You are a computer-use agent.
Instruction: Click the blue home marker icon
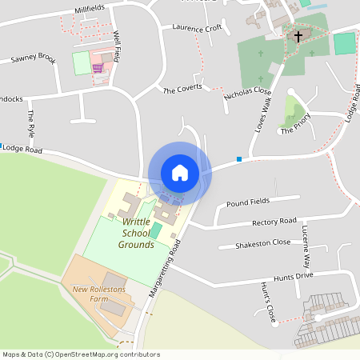179,173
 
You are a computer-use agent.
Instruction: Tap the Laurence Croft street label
197,27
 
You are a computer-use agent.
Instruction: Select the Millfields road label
90,9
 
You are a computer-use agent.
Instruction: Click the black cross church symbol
298,36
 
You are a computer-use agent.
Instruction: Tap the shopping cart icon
98,68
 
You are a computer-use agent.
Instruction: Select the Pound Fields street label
248,202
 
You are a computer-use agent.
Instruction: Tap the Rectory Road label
274,222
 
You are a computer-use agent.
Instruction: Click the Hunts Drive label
292,275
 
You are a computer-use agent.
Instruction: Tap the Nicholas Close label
249,94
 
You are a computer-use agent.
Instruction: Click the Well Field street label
118,47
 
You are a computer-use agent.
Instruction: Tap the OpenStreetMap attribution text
80,354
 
